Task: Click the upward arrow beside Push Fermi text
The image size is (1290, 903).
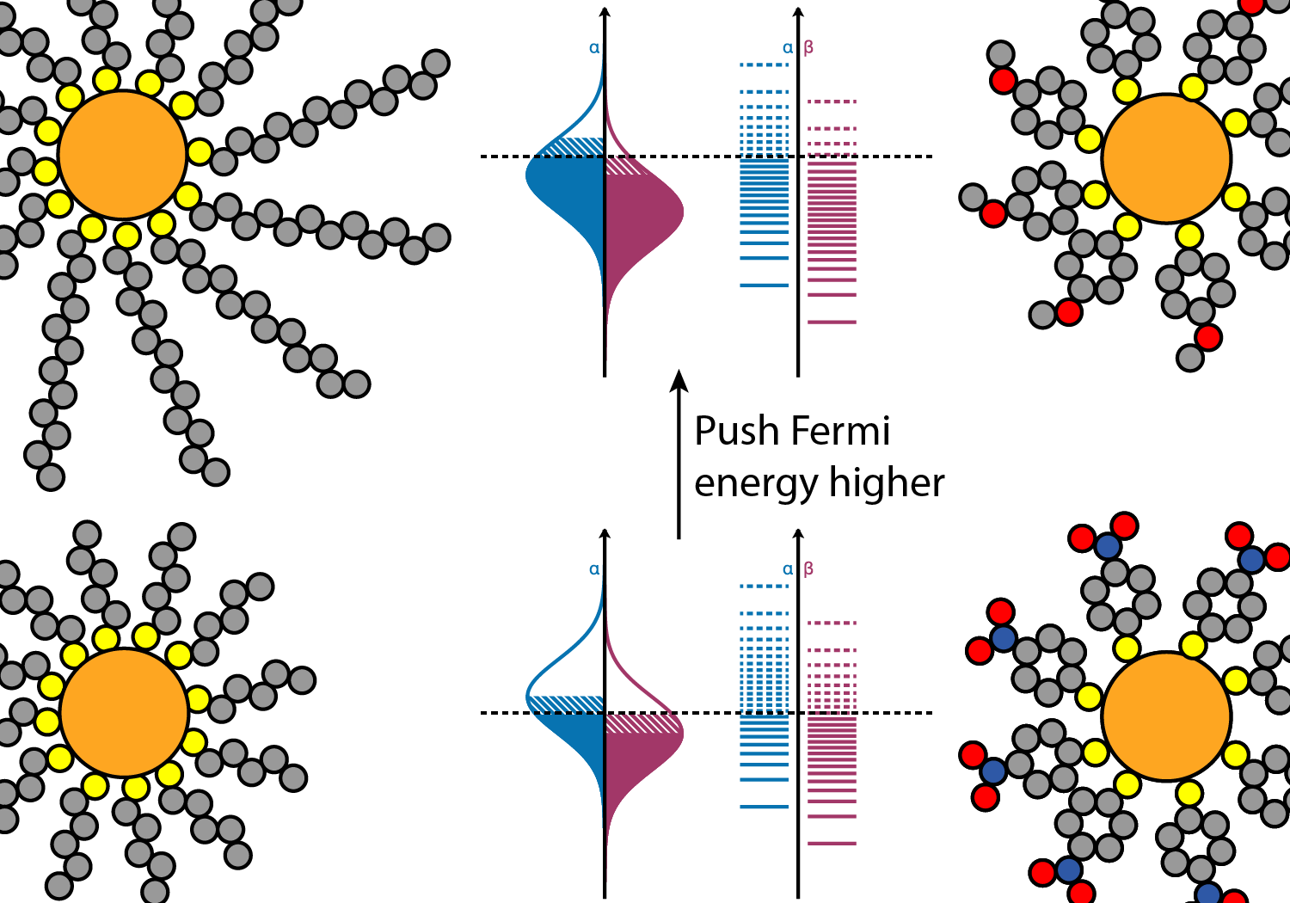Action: click(679, 454)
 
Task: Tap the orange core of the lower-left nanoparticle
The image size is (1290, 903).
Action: click(125, 712)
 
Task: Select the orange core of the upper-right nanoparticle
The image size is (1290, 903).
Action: click(1167, 158)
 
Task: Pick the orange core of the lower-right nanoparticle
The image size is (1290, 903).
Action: click(1167, 716)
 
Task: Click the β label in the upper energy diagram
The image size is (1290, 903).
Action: click(808, 48)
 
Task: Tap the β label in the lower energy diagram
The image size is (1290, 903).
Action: click(808, 569)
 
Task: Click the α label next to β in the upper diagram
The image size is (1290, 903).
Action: click(788, 48)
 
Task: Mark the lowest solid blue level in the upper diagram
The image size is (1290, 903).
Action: click(765, 285)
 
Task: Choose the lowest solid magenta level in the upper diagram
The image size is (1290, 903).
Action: click(832, 322)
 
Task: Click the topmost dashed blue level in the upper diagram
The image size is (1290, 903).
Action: click(765, 65)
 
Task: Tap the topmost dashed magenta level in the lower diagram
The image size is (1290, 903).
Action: click(832, 623)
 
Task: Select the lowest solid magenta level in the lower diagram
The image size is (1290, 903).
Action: click(832, 844)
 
